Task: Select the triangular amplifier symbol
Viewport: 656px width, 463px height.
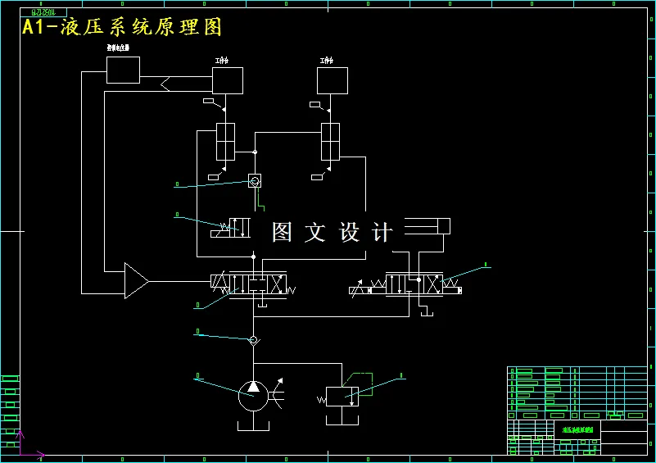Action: tap(135, 280)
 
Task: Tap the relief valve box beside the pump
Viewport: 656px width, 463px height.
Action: tap(342, 397)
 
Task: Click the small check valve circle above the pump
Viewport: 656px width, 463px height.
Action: tap(253, 338)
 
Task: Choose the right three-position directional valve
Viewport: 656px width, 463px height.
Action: tap(414, 285)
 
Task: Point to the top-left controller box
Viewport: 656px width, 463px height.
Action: tap(123, 70)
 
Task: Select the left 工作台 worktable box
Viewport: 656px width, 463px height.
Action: tap(228, 80)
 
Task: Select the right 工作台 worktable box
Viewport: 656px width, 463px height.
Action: tap(333, 80)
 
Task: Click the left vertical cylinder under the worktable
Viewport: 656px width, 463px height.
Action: tap(225, 142)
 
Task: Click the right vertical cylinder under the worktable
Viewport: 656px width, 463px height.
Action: tap(330, 142)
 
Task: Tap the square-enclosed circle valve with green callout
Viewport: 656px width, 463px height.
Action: tap(255, 180)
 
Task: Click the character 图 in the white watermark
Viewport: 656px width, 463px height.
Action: tap(282, 232)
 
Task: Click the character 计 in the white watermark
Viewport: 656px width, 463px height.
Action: tap(382, 232)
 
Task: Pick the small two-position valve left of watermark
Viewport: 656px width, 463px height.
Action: tap(236, 227)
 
